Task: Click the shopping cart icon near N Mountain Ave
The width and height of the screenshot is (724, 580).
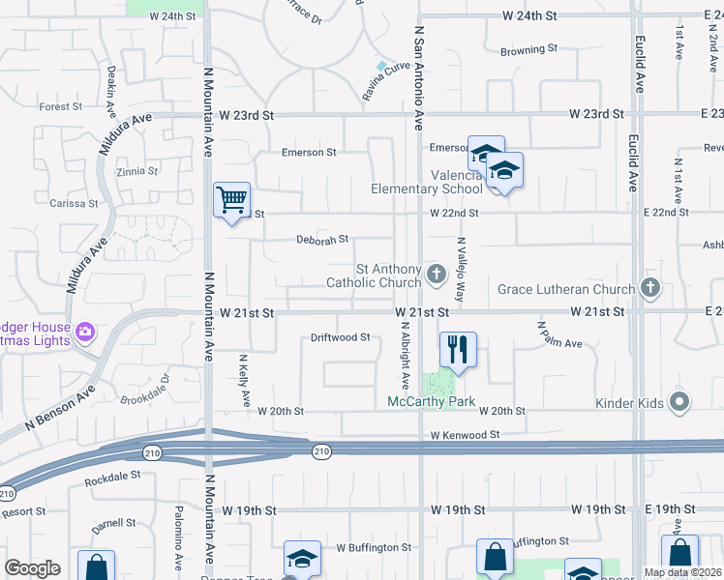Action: (232, 200)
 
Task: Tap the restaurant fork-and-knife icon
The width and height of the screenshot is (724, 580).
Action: (458, 350)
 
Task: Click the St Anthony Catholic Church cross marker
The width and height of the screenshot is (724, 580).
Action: (437, 275)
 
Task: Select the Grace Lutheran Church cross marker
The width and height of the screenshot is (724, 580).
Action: (650, 288)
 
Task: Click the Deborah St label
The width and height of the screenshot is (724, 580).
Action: (321, 240)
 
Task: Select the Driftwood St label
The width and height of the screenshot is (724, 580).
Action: (341, 337)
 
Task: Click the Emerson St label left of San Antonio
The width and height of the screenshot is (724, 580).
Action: (309, 152)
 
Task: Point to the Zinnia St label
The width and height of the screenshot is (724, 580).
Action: (136, 171)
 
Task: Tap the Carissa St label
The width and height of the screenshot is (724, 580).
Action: (75, 204)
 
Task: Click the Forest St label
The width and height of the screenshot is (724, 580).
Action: (61, 106)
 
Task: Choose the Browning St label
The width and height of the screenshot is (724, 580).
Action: (529, 49)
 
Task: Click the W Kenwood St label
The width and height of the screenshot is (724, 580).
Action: (465, 435)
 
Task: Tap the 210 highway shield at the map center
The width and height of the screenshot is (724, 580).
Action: (322, 450)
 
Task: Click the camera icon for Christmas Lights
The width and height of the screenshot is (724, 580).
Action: (85, 333)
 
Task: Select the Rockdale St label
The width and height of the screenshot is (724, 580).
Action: (113, 477)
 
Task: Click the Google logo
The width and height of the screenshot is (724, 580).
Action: (32, 568)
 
